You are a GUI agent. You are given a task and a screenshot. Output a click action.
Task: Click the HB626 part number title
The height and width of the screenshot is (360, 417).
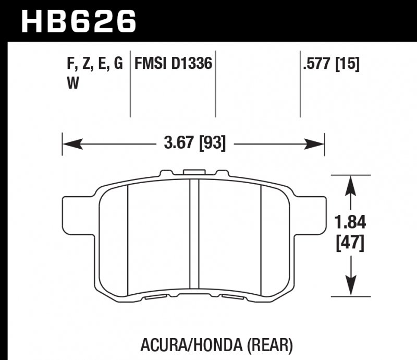pyautogui.click(x=79, y=21)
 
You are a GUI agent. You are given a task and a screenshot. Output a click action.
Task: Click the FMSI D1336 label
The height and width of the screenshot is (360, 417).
pyautogui.click(x=173, y=64)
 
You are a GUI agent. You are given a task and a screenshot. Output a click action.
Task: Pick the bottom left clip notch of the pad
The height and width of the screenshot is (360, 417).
pyautogui.click(x=156, y=298)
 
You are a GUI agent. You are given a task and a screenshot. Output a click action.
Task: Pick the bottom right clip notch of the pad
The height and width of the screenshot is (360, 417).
pyautogui.click(x=231, y=298)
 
